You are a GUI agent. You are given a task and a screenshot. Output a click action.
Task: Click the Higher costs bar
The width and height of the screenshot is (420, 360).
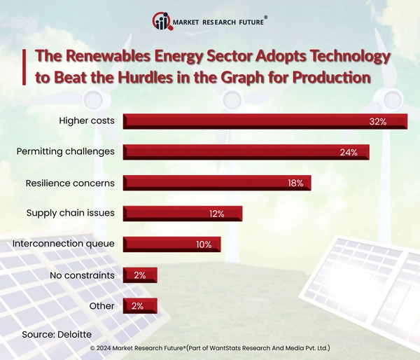(265, 121)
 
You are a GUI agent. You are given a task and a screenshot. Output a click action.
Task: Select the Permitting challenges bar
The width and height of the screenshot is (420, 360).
(246, 152)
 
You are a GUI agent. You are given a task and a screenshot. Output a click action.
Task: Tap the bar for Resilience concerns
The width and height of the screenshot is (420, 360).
(217, 183)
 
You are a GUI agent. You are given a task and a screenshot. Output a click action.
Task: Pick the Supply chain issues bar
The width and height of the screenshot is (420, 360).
(182, 214)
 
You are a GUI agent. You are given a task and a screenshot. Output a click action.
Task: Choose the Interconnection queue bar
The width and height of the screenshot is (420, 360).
(171, 244)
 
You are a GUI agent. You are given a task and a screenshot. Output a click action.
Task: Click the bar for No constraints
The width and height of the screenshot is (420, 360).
(140, 275)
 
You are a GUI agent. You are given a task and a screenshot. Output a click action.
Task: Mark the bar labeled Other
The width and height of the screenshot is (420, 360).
(140, 306)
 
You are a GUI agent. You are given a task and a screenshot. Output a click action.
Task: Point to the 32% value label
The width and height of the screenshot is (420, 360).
(378, 122)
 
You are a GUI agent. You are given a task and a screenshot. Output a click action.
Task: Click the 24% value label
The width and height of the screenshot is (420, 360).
(349, 153)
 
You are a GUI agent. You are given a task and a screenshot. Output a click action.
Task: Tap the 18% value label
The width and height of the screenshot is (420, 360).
(295, 184)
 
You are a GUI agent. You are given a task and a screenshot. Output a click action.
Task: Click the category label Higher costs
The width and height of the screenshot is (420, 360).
(87, 120)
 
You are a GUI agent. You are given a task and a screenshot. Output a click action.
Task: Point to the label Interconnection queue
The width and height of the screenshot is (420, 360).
(64, 244)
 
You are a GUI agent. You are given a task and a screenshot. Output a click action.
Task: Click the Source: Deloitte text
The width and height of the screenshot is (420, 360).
(57, 333)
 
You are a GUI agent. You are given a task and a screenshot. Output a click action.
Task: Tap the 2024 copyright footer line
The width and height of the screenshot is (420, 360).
(210, 348)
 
